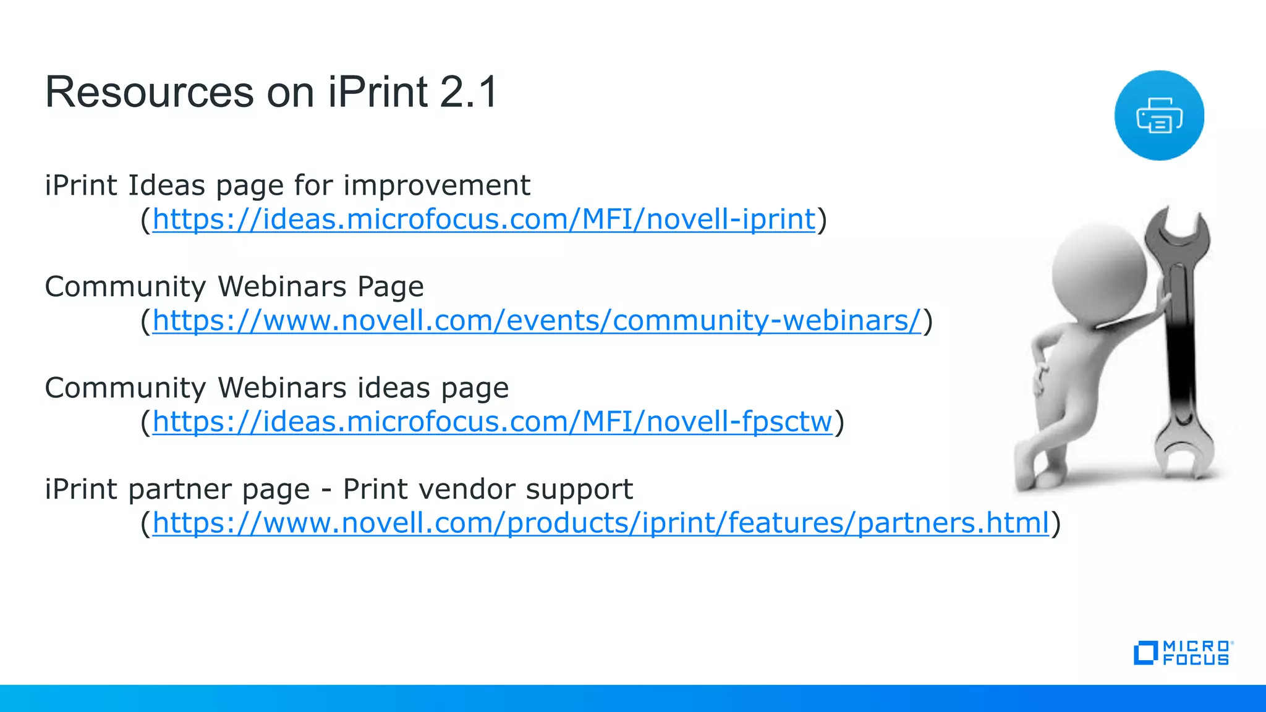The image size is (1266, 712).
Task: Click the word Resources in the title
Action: click(149, 93)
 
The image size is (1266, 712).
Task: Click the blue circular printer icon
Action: click(1159, 116)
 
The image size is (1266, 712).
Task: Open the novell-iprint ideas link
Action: click(483, 219)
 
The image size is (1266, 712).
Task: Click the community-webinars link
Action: click(536, 321)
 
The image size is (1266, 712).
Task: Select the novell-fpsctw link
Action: click(492, 422)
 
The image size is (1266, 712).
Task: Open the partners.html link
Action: click(600, 523)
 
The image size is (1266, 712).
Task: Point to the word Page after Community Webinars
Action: click(391, 287)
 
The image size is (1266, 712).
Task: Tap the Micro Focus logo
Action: click(1183, 653)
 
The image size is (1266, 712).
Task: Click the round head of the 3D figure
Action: click(1099, 272)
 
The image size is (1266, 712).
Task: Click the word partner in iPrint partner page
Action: click(219, 489)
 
